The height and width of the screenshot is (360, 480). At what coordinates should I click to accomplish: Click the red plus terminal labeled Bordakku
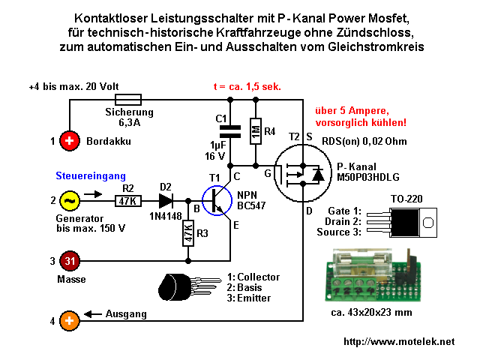(x=68, y=140)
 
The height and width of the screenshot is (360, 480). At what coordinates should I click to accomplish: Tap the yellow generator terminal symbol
(x=68, y=200)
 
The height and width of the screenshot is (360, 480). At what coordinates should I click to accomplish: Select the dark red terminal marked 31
(x=68, y=260)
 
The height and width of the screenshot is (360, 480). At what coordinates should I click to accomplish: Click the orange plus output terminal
(x=68, y=321)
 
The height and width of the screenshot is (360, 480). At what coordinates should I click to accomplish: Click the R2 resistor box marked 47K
(x=127, y=201)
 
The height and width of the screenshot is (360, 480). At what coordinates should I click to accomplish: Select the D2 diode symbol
(x=166, y=201)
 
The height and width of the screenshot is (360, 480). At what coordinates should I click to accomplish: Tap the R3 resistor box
(x=187, y=233)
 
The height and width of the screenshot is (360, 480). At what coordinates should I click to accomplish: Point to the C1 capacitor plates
(x=231, y=132)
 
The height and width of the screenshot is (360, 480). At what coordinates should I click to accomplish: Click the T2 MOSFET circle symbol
(x=301, y=175)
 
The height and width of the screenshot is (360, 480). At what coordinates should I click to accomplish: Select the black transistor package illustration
(x=187, y=287)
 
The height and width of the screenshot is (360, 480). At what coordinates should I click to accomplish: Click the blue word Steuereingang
(x=86, y=176)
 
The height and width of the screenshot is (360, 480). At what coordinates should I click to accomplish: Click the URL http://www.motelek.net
(x=398, y=342)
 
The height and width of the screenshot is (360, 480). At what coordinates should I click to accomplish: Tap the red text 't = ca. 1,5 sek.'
(x=247, y=86)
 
